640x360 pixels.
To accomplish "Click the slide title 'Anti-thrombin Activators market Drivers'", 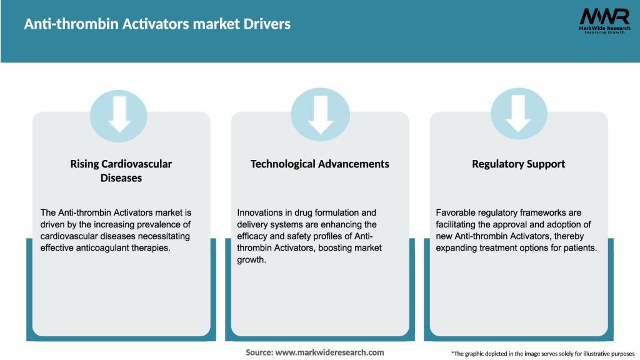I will [157, 25].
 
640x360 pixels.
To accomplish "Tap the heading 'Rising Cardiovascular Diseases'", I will [121, 171].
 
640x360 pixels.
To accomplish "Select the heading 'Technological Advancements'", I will [320, 164].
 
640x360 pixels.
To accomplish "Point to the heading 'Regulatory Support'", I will [518, 164].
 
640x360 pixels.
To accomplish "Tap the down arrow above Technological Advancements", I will [320, 114].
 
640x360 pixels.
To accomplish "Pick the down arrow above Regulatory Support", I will [518, 114].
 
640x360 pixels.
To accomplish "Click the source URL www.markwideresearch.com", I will [329, 352].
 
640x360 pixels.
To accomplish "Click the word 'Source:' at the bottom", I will [259, 352].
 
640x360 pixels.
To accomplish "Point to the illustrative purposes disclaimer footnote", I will [542, 354].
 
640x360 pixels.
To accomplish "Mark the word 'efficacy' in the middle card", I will [252, 236].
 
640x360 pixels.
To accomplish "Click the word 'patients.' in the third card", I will [579, 247].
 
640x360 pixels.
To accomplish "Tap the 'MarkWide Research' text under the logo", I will [604, 29].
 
